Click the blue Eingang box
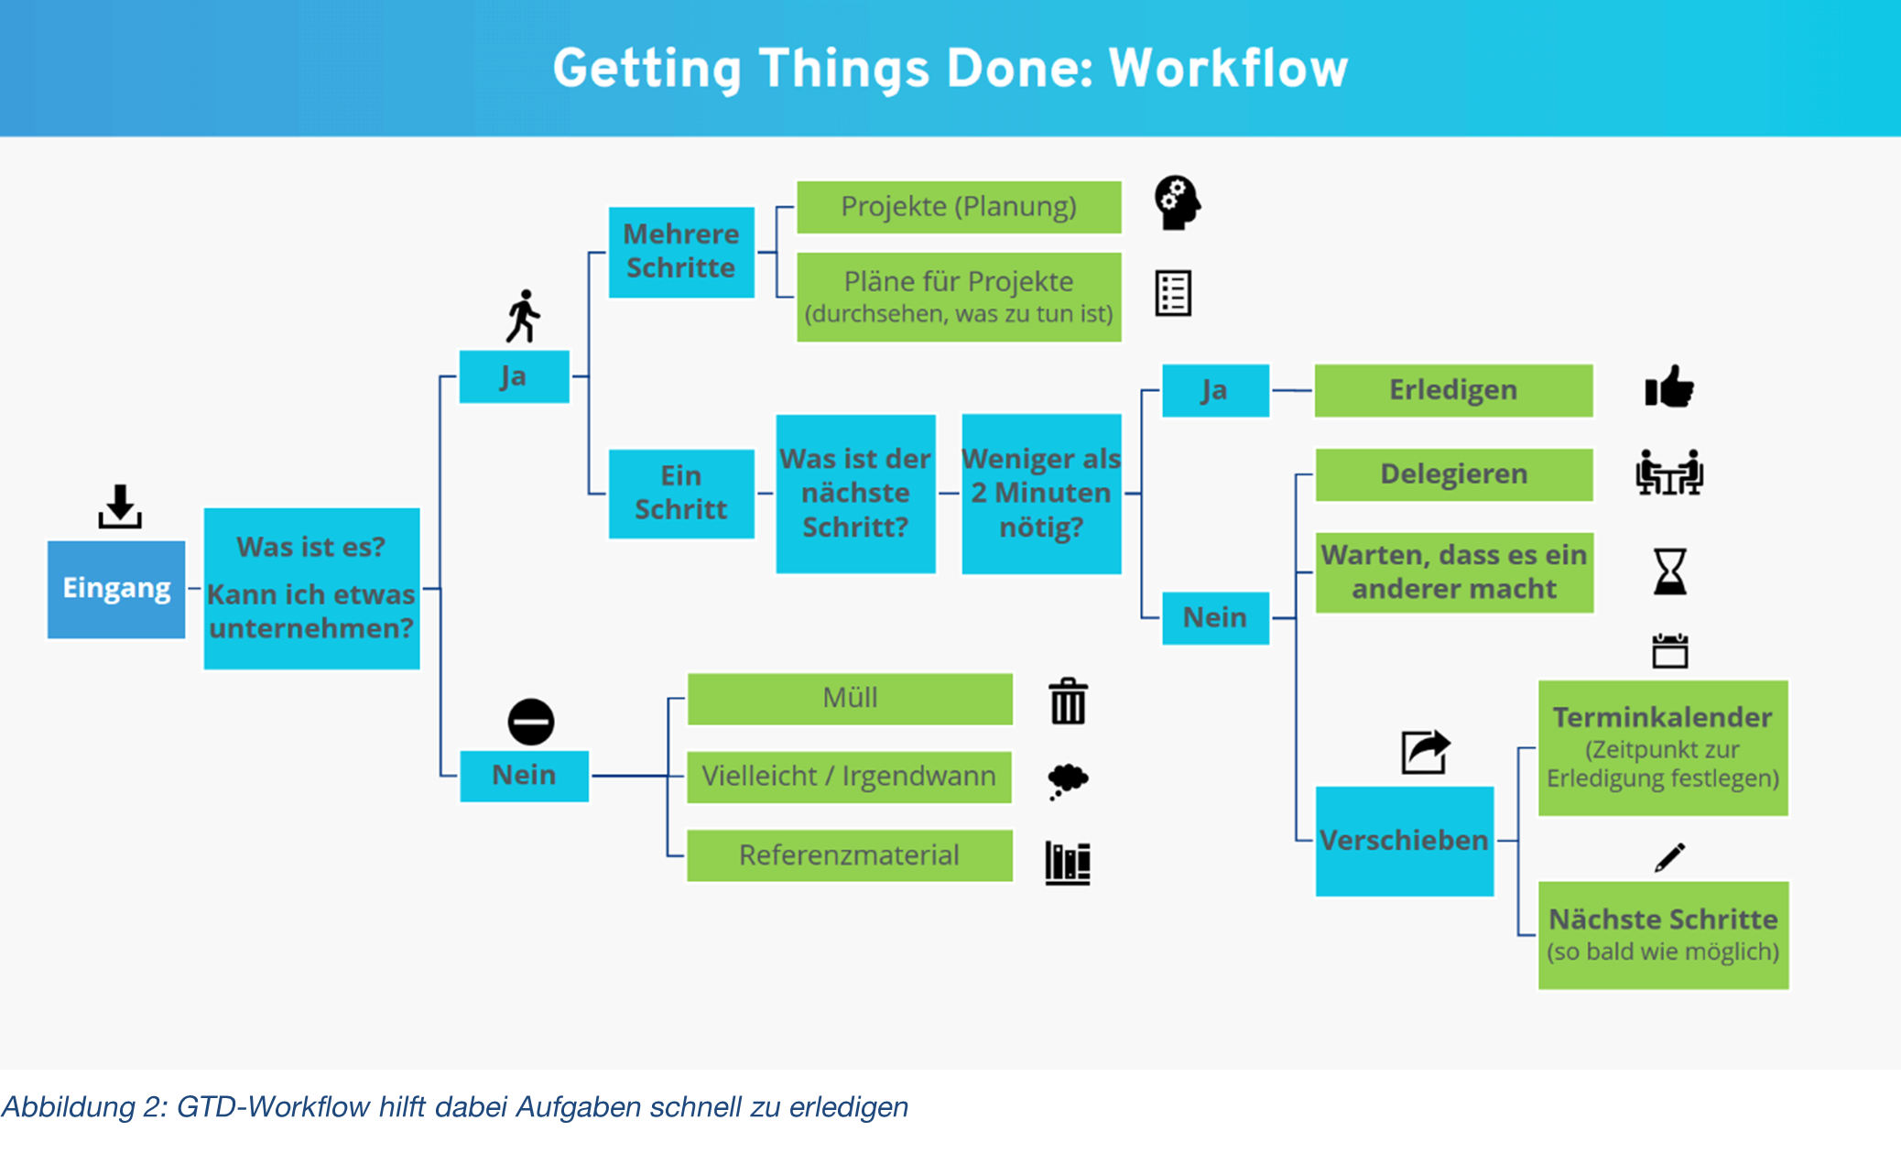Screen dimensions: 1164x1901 point(116,589)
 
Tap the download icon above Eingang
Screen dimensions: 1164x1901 point(120,506)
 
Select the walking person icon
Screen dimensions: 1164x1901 point(524,316)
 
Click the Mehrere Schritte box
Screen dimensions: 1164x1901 point(681,252)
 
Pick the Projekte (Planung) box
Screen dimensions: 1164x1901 point(959,207)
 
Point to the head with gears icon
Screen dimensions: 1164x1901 point(1177,202)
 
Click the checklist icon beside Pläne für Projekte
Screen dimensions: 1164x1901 point(1173,294)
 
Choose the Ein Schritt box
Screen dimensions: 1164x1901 point(681,494)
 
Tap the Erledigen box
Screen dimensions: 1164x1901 point(1453,391)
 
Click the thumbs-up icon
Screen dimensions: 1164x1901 point(1668,387)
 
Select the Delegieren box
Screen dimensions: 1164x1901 point(1453,474)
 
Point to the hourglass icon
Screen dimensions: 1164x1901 point(1669,571)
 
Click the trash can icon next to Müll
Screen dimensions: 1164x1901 point(1068,702)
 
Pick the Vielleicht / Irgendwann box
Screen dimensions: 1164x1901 point(849,777)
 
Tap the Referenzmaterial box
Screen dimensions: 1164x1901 point(849,855)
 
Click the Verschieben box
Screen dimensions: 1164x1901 point(1404,841)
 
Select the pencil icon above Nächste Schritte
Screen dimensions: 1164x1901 point(1669,858)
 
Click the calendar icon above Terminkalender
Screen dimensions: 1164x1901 point(1669,651)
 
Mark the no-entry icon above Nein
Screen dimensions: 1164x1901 point(531,722)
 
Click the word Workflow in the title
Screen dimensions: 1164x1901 point(1228,69)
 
